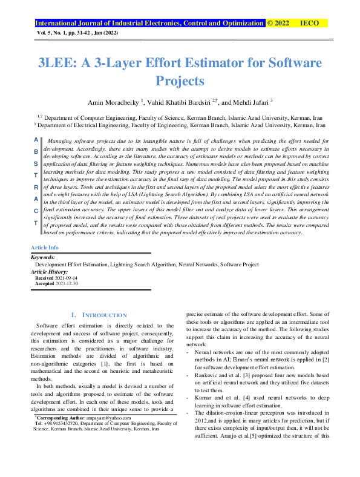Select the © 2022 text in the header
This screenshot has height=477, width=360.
(x=279, y=24)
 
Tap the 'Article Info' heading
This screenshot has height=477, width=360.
(x=44, y=248)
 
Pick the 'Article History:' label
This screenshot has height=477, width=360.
(x=50, y=271)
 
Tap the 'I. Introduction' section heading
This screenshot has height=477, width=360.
(x=99, y=315)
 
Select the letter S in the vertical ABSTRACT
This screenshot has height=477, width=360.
(x=34, y=163)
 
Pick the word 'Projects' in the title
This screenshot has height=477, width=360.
(x=180, y=81)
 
